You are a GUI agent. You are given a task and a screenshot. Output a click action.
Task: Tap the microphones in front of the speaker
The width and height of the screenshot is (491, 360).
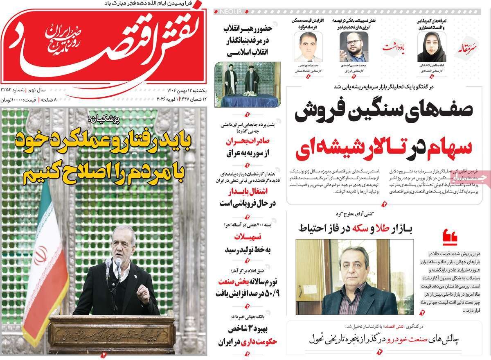click(113, 267)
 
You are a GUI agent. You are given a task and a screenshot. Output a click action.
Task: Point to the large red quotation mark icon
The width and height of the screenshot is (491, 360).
click(450, 236)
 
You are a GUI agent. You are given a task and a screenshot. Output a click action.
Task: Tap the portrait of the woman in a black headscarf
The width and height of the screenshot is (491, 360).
click(429, 48)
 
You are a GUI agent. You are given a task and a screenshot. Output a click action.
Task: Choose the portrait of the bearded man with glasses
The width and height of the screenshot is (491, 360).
click(351, 47)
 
